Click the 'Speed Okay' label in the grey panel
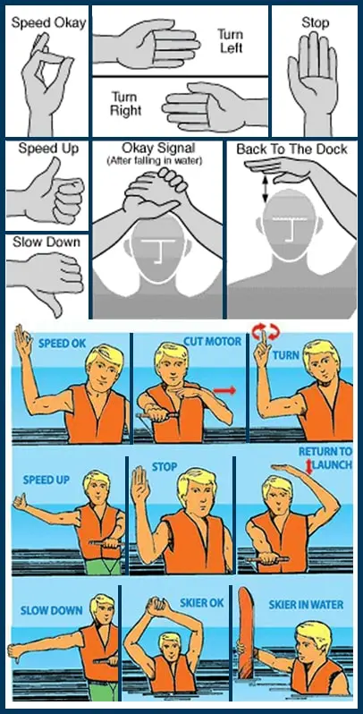[48, 23]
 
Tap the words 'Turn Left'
[230, 40]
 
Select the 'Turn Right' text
[126, 104]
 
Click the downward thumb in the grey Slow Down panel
[54, 303]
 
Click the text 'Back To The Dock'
[291, 149]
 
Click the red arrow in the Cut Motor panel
[225, 390]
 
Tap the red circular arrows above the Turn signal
[265, 332]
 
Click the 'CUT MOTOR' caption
[213, 342]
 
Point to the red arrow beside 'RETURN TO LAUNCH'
[309, 468]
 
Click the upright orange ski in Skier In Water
[247, 633]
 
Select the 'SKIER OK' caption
[201, 603]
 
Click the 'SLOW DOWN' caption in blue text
[51, 610]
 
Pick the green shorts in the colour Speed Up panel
[105, 565]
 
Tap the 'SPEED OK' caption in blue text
[62, 343]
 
